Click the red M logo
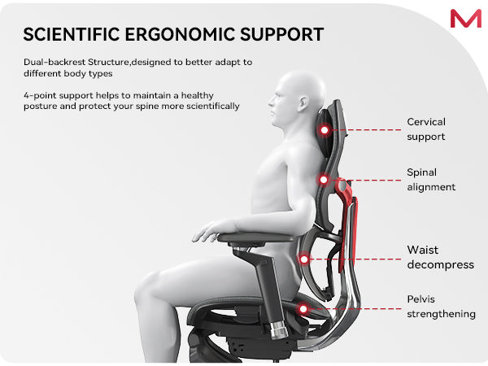465,19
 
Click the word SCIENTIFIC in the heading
72,34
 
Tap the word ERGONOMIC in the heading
180,34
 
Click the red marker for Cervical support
325,130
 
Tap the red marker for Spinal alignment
324,180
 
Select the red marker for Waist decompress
304,259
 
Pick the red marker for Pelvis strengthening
303,309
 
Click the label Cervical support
426,129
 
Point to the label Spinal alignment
431,180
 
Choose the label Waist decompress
440,257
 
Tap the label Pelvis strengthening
441,307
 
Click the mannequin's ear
303,103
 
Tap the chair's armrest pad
256,237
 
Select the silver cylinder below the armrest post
278,330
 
